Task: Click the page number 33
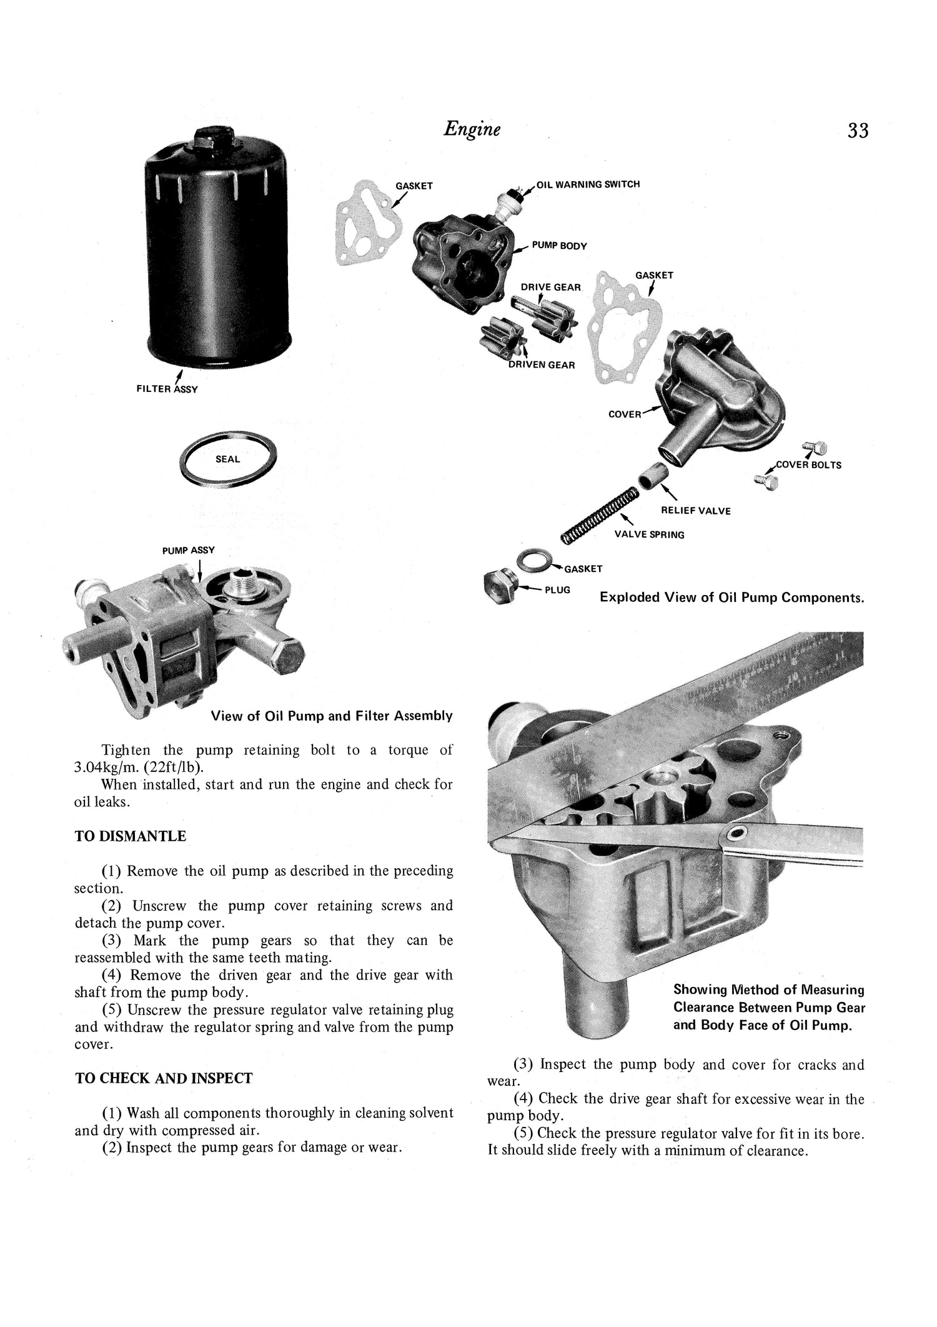[858, 131]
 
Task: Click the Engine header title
[472, 129]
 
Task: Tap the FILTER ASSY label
[167, 389]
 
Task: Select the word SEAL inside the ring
[227, 459]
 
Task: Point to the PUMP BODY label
[559, 246]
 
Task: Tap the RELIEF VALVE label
[695, 511]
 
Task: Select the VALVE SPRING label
[649, 534]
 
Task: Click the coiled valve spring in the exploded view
[599, 514]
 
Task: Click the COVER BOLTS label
[808, 465]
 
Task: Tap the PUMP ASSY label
[188, 550]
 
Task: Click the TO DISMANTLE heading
[130, 836]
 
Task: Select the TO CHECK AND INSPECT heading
[164, 1078]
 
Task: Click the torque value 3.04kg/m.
[109, 767]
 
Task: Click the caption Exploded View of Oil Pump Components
[731, 597]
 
